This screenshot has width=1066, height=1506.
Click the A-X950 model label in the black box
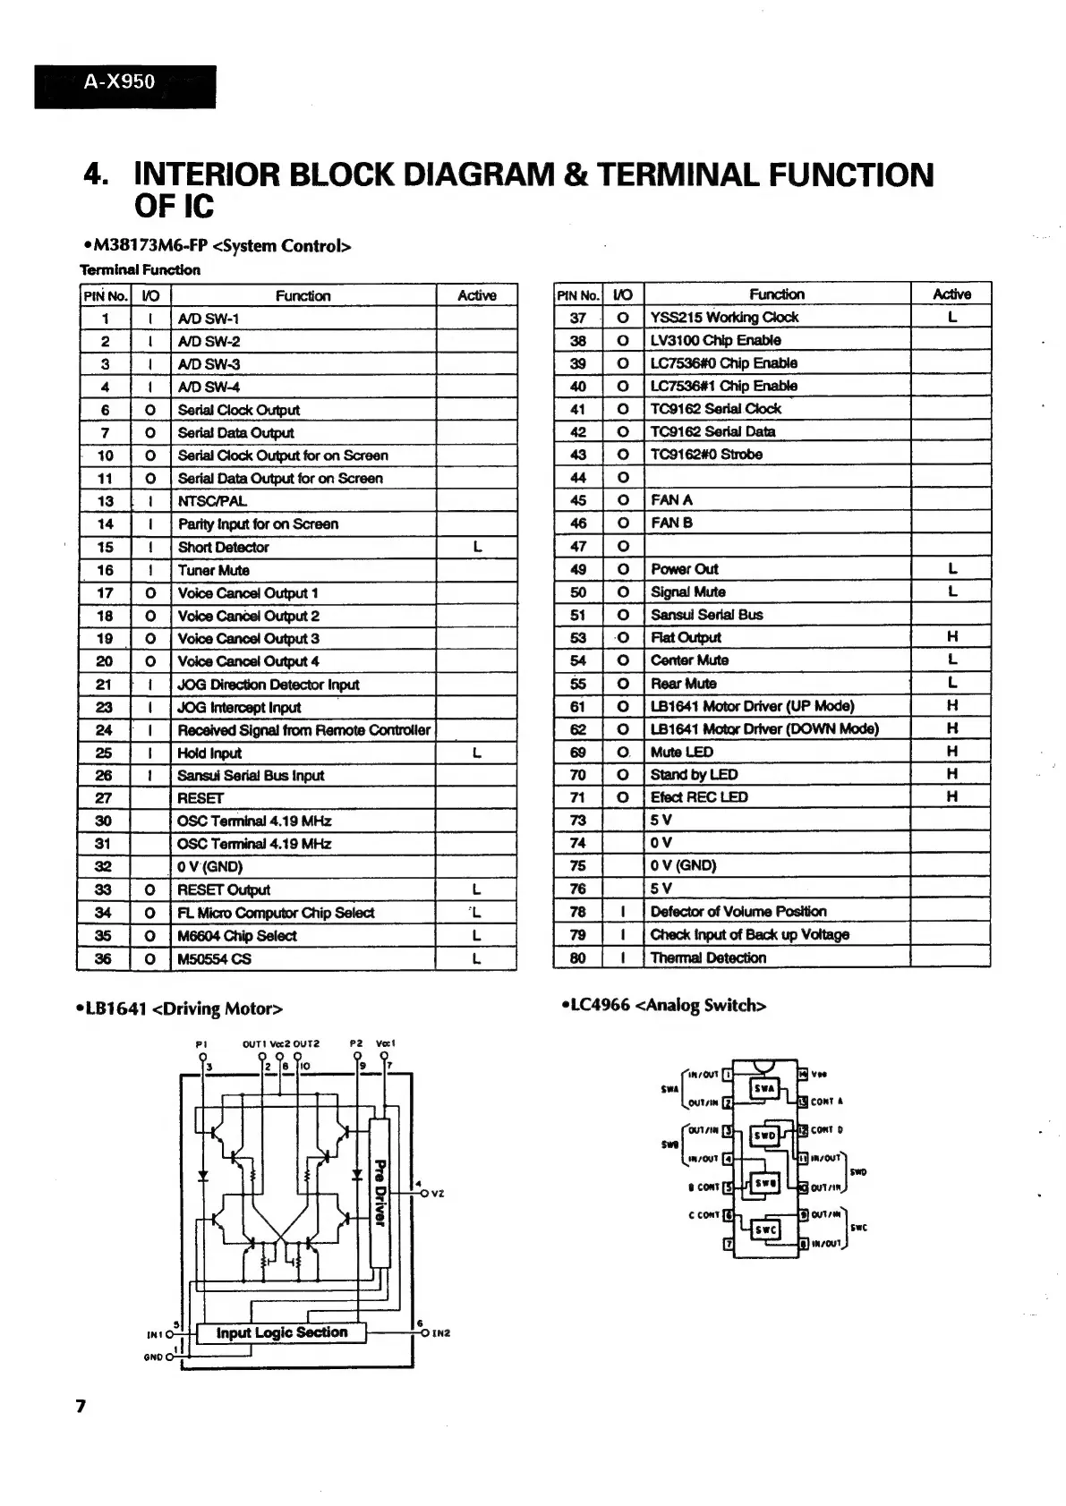119,82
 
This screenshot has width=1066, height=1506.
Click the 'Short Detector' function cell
223,548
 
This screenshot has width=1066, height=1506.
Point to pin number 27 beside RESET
104,798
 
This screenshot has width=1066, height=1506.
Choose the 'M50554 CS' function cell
214,959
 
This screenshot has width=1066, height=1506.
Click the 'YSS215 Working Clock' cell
724,318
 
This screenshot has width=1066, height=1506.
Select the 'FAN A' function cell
671,500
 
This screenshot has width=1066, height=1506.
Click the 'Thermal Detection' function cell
708,957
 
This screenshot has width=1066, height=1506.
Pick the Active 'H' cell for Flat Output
951,637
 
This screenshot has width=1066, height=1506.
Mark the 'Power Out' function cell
684,569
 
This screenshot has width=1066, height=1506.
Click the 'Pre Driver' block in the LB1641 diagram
379,1192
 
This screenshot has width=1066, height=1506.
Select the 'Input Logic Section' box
281,1332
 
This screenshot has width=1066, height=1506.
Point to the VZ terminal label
437,1194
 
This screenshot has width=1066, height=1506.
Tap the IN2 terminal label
440,1333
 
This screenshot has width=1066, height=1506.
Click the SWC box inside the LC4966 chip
765,1229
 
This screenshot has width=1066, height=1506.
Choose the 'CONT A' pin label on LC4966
826,1102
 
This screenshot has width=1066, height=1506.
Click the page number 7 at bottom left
81,1406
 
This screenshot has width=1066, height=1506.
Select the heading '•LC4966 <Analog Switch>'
663,1006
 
